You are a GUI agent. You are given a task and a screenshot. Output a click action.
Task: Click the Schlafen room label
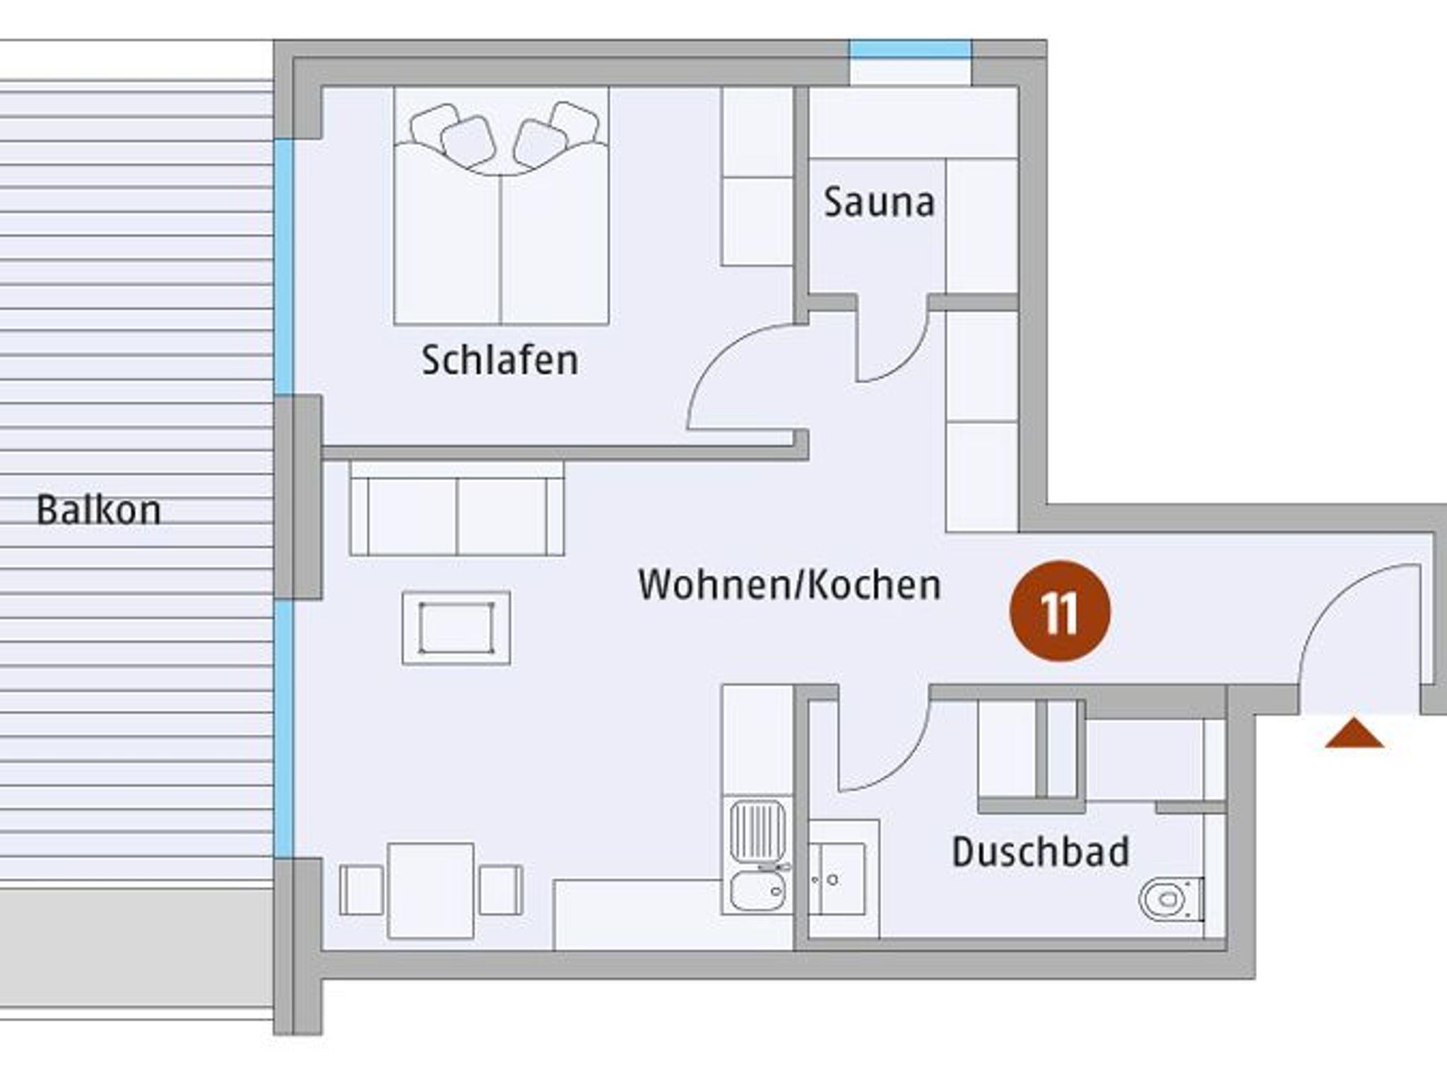click(500, 360)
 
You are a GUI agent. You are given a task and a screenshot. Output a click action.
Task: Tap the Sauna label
click(879, 202)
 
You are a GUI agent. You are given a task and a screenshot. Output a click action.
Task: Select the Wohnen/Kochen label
click(789, 586)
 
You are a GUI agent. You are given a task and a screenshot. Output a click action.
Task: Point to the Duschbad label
click(1040, 852)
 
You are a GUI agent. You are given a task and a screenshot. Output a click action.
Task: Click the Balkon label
click(98, 510)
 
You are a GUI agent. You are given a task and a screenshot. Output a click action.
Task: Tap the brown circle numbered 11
click(1060, 611)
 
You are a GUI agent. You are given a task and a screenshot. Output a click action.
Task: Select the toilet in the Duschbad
click(1171, 898)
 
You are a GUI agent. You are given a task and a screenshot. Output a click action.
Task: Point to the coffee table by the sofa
click(456, 628)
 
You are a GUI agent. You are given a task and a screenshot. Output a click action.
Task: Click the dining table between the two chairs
click(430, 891)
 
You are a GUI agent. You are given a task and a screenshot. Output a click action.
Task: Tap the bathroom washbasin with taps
click(837, 879)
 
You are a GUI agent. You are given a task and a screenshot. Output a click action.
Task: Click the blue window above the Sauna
click(910, 49)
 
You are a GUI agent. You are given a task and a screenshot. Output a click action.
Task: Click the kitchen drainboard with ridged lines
click(757, 831)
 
